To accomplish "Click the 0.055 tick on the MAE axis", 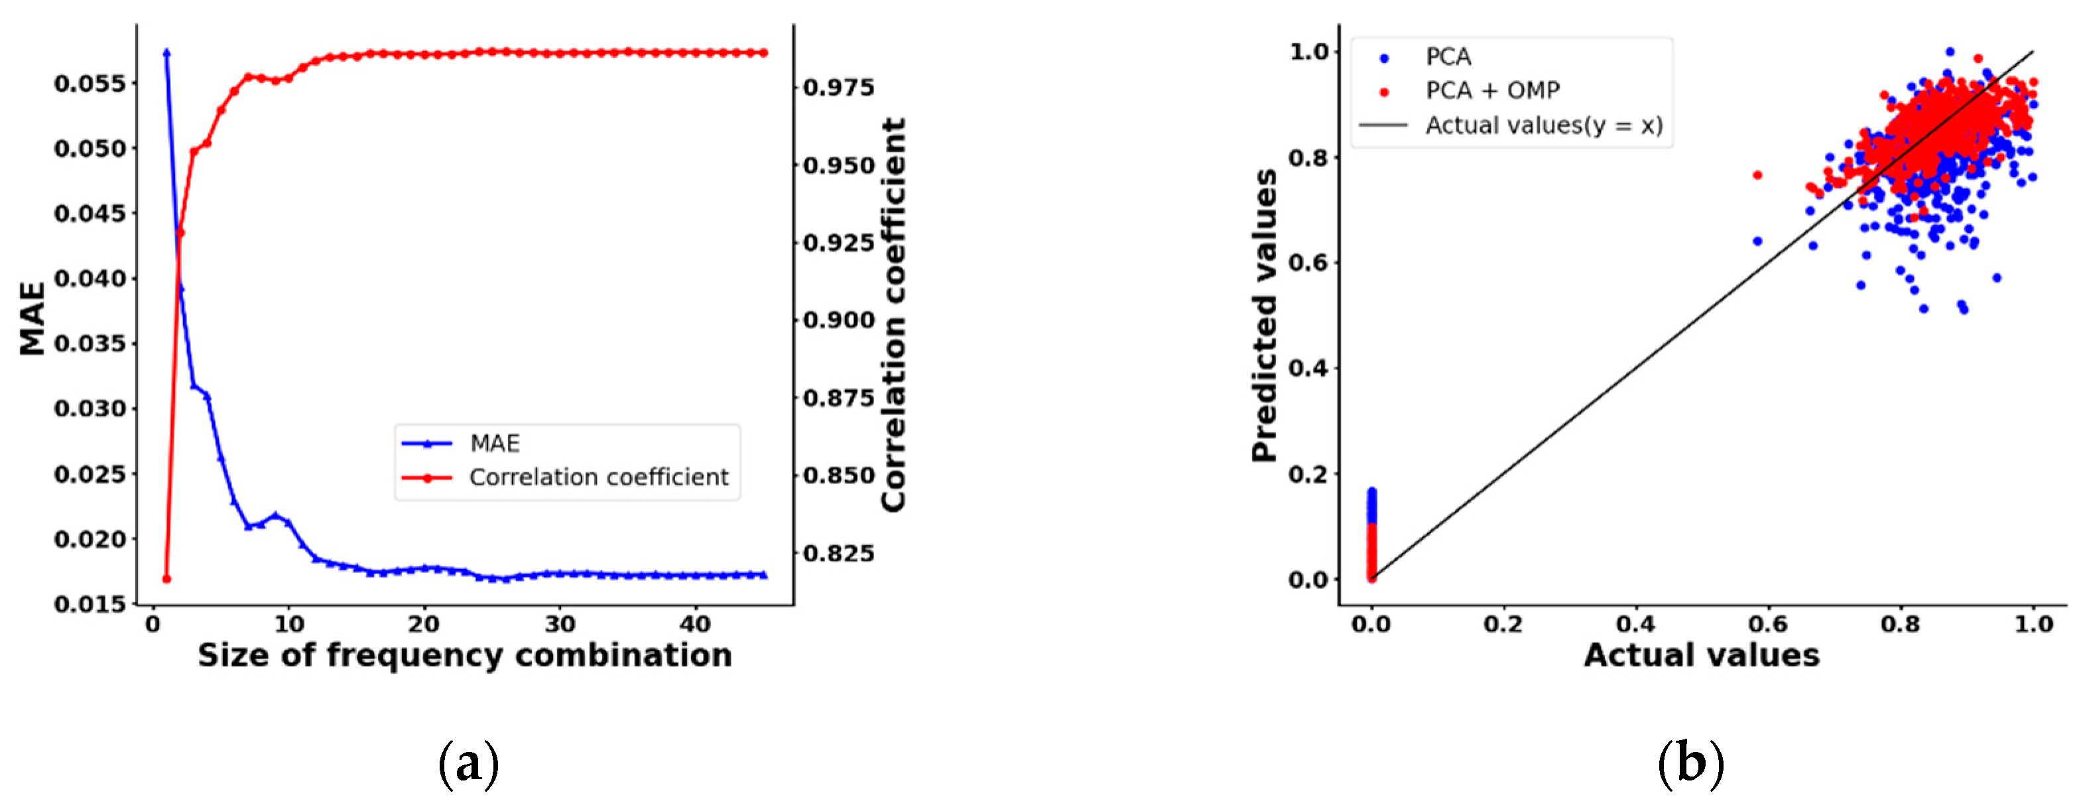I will tap(90, 84).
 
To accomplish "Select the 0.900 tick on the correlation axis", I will tap(838, 320).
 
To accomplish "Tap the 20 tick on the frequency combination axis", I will tap(423, 624).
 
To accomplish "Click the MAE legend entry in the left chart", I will tap(495, 443).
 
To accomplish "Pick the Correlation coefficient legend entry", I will tap(598, 478).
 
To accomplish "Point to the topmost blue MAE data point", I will tap(167, 53).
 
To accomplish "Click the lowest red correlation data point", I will tap(167, 579).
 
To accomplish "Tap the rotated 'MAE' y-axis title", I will tap(32, 318).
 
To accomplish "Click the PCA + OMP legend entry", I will tap(1491, 90).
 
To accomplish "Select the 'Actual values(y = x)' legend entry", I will tap(1543, 126).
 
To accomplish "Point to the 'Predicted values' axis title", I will tap(1265, 315).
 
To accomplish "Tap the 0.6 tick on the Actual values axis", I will tap(1768, 624).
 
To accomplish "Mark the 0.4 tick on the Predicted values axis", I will tap(1308, 368).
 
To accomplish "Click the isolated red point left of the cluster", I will tap(1758, 175).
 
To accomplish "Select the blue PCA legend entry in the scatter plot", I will tap(1448, 57).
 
